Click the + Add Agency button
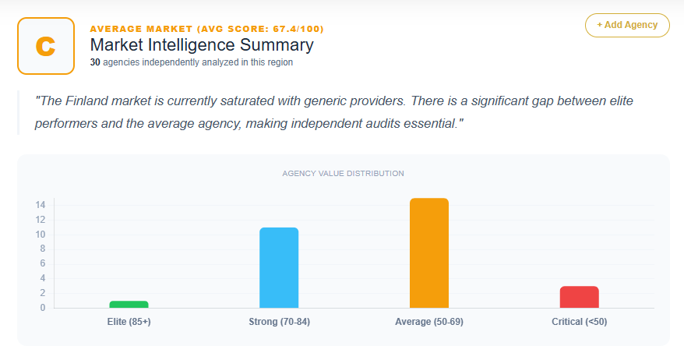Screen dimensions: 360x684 click(x=627, y=25)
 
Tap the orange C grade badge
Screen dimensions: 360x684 click(x=46, y=46)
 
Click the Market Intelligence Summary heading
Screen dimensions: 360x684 click(x=202, y=45)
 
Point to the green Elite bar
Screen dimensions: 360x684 click(x=129, y=304)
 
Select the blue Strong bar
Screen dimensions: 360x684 click(x=279, y=267)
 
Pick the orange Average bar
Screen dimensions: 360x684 click(x=429, y=253)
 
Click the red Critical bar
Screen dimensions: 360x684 click(x=579, y=297)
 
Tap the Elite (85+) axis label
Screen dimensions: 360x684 click(x=129, y=322)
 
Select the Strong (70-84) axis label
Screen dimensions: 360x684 click(x=279, y=322)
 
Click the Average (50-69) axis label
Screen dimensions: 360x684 click(x=429, y=322)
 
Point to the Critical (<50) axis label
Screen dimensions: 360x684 click(x=579, y=322)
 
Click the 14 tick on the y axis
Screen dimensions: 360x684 click(x=40, y=205)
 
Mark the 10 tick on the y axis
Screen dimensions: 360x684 click(x=40, y=235)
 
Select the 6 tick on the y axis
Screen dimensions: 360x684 click(x=42, y=263)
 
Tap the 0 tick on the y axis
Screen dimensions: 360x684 click(x=42, y=308)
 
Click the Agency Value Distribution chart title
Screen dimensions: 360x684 click(x=343, y=173)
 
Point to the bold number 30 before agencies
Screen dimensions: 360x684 click(x=95, y=62)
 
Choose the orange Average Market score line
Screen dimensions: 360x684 click(x=206, y=29)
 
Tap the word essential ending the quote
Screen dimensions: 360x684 click(x=427, y=125)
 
